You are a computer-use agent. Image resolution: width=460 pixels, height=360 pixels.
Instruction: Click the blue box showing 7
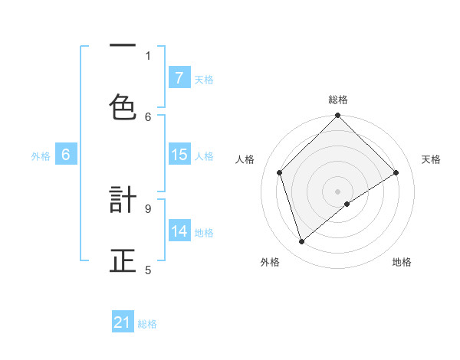pyautogui.click(x=179, y=77)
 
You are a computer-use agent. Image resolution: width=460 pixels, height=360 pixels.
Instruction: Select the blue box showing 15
pyautogui.click(x=179, y=155)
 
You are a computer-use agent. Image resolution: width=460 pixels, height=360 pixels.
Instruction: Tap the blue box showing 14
pyautogui.click(x=179, y=231)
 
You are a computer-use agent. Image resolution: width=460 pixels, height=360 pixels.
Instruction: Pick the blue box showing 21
pyautogui.click(x=123, y=322)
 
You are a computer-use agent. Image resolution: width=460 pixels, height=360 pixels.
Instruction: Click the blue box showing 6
pyautogui.click(x=66, y=155)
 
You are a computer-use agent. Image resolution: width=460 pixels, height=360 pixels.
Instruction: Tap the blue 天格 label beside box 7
pyautogui.click(x=204, y=79)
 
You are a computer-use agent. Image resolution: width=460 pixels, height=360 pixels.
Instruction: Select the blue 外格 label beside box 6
pyautogui.click(x=41, y=155)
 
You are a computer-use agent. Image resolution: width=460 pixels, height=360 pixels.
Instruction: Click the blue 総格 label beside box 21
pyautogui.click(x=147, y=324)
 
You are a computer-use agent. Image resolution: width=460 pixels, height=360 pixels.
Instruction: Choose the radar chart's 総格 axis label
pyautogui.click(x=338, y=100)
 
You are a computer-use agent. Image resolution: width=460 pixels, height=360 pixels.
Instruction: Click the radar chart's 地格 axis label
pyautogui.click(x=402, y=262)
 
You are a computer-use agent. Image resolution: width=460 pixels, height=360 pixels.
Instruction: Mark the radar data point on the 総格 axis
pyautogui.click(x=338, y=116)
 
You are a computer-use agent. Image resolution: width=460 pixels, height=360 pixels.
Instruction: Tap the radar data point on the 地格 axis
pyautogui.click(x=347, y=204)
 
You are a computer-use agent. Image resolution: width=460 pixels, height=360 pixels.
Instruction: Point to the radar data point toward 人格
pyautogui.click(x=280, y=172)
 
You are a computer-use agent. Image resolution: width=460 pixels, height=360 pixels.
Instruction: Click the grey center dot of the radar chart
pyautogui.click(x=338, y=191)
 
